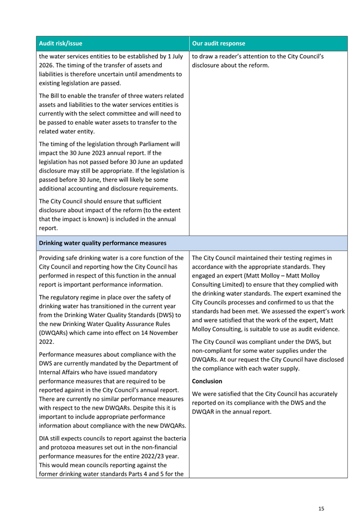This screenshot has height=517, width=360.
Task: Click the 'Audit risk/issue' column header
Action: point(60,43)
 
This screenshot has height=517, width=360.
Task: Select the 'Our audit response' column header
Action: point(218,43)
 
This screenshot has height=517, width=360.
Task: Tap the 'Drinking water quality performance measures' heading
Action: point(103,243)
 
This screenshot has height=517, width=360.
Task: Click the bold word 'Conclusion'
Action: point(207,381)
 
